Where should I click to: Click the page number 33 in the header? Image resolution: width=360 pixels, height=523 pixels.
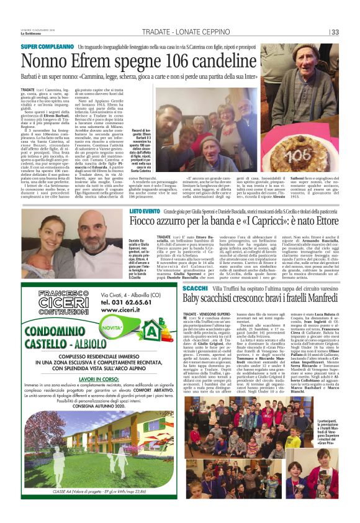click(334, 32)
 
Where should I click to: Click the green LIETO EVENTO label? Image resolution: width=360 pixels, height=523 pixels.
click(145, 213)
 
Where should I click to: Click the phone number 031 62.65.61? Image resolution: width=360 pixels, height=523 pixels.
click(128, 302)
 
